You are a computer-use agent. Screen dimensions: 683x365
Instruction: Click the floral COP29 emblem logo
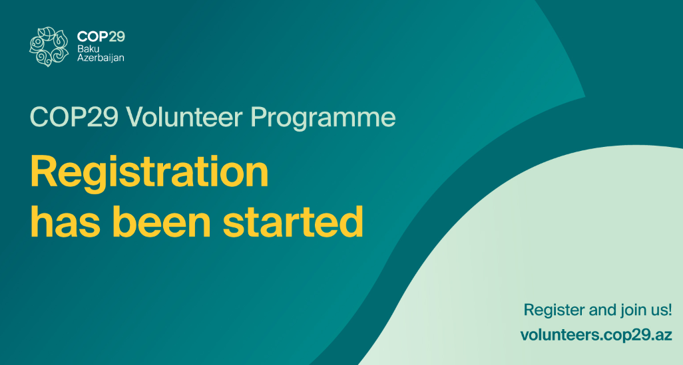49,47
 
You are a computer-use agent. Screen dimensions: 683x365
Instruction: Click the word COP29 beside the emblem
101,37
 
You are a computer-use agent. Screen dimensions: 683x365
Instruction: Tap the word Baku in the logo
88,49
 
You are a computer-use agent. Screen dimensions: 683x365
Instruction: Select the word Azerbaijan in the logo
101,57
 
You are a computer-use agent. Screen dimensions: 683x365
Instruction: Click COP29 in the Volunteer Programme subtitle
74,117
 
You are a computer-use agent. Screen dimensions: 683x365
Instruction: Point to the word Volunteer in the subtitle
184,117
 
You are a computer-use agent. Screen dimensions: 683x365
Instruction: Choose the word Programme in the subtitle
324,119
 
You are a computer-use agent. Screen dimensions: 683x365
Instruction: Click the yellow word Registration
149,174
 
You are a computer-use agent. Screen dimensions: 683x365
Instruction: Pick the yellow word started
293,221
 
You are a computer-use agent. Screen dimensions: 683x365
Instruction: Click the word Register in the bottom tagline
554,310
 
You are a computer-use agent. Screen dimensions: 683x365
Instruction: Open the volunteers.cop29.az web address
596,336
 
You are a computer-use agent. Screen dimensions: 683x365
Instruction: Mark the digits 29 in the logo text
116,37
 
